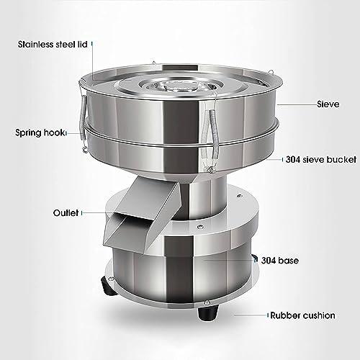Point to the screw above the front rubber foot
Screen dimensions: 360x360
point(207,302)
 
